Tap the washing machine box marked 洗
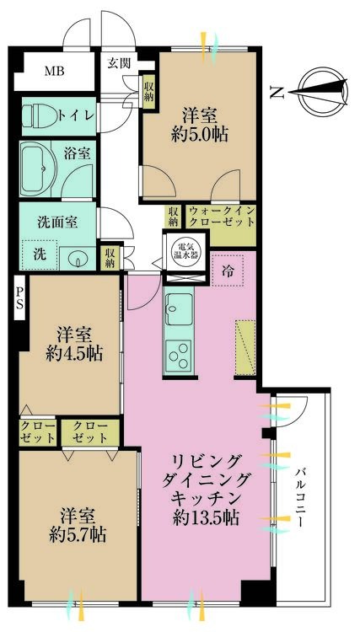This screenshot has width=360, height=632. click(39, 254)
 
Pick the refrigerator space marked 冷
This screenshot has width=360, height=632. click(229, 271)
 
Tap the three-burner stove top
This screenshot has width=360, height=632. click(180, 356)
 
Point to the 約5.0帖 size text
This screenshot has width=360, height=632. click(201, 136)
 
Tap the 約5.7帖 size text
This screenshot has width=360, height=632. click(76, 535)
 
